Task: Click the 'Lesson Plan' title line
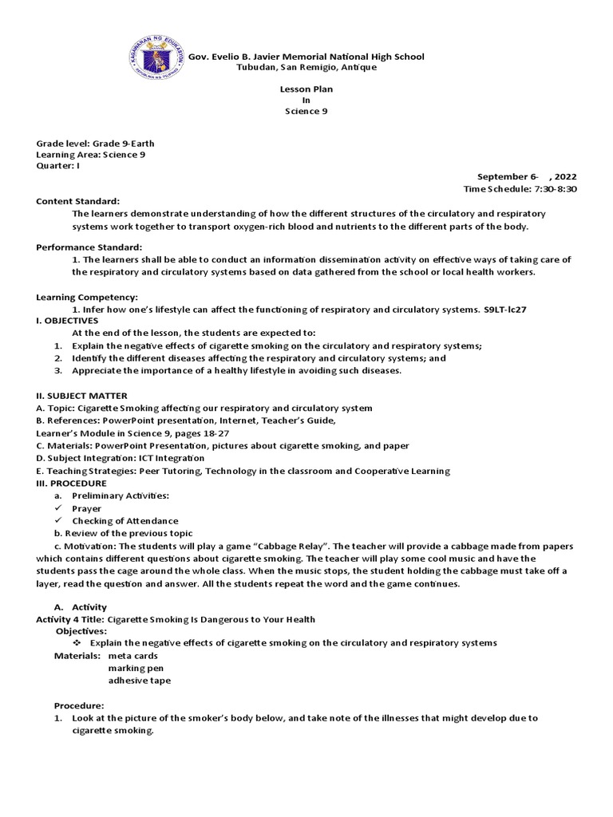306,89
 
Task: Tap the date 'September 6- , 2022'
526,176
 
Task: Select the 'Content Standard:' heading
77,201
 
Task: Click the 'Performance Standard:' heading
89,247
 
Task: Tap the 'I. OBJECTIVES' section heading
67,320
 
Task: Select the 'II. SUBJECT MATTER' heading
78,396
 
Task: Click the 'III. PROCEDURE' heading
71,483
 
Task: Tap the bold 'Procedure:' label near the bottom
79,705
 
